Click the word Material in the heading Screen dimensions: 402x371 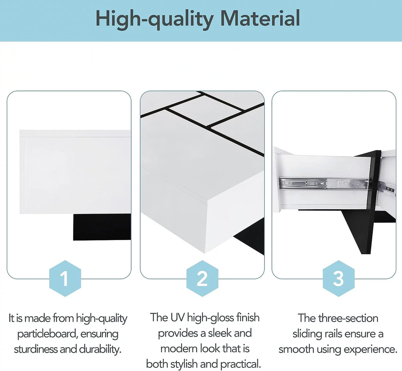coord(260,18)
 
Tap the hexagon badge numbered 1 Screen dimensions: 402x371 coord(65,279)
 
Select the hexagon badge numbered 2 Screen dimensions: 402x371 coord(202,279)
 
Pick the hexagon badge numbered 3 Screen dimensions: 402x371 coord(338,279)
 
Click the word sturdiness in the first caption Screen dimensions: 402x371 coord(36,350)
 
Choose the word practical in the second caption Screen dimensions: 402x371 coord(241,364)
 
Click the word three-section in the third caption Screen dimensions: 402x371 coord(348,318)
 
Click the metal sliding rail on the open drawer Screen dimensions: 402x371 coord(323,184)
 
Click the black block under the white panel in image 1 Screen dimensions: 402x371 coord(102,227)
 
